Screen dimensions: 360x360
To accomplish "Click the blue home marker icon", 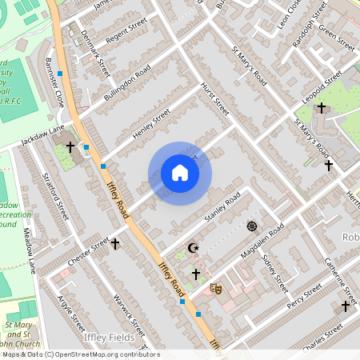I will pyautogui.click(x=180, y=173).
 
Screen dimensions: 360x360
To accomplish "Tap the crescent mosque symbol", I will pyautogui.click(x=191, y=248).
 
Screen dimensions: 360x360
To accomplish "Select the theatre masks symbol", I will pyautogui.click(x=214, y=286).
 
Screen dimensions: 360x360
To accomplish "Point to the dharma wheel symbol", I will pyautogui.click(x=253, y=226).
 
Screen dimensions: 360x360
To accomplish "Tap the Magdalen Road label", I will pyautogui.click(x=263, y=243).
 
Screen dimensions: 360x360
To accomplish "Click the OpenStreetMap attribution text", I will pyautogui.click(x=80, y=354).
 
